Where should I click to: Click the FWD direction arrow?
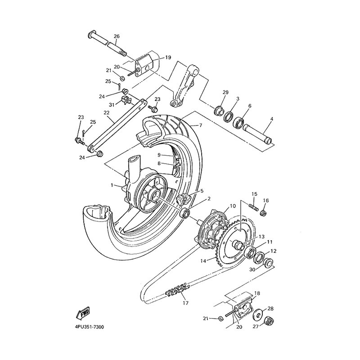83,313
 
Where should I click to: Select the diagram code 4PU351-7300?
89,327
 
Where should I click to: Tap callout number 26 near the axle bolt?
117,36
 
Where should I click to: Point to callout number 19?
168,57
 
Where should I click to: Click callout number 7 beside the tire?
200,126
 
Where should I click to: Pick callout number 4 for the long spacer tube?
272,119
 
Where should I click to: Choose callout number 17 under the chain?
185,303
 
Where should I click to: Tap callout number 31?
112,105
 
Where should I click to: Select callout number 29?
225,92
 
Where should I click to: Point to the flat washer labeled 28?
258,314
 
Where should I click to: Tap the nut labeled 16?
263,213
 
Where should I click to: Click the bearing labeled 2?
185,213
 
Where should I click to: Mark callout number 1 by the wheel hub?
112,185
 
